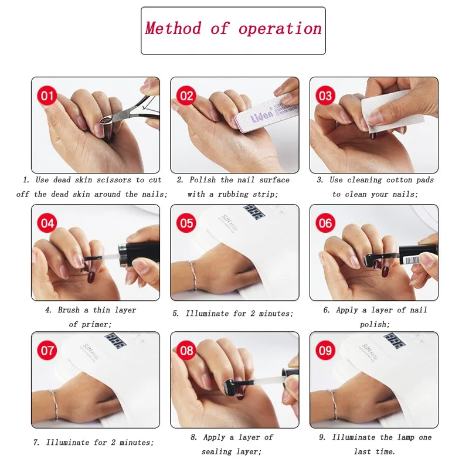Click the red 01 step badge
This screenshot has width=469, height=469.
click(x=47, y=96)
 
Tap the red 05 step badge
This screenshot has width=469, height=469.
click(x=186, y=223)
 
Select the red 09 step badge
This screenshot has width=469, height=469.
click(x=325, y=351)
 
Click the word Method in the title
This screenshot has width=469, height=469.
click(x=173, y=28)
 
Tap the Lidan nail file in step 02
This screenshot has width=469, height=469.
click(x=266, y=112)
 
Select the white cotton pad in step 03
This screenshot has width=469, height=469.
click(x=386, y=111)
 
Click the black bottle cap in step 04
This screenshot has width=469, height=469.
click(x=139, y=254)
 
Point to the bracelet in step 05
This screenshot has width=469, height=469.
click(x=193, y=276)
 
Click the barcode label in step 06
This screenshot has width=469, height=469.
click(x=412, y=260)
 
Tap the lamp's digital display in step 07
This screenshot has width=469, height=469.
click(x=115, y=341)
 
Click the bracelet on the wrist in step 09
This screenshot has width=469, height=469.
click(x=332, y=405)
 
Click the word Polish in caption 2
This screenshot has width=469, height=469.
click(x=202, y=180)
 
